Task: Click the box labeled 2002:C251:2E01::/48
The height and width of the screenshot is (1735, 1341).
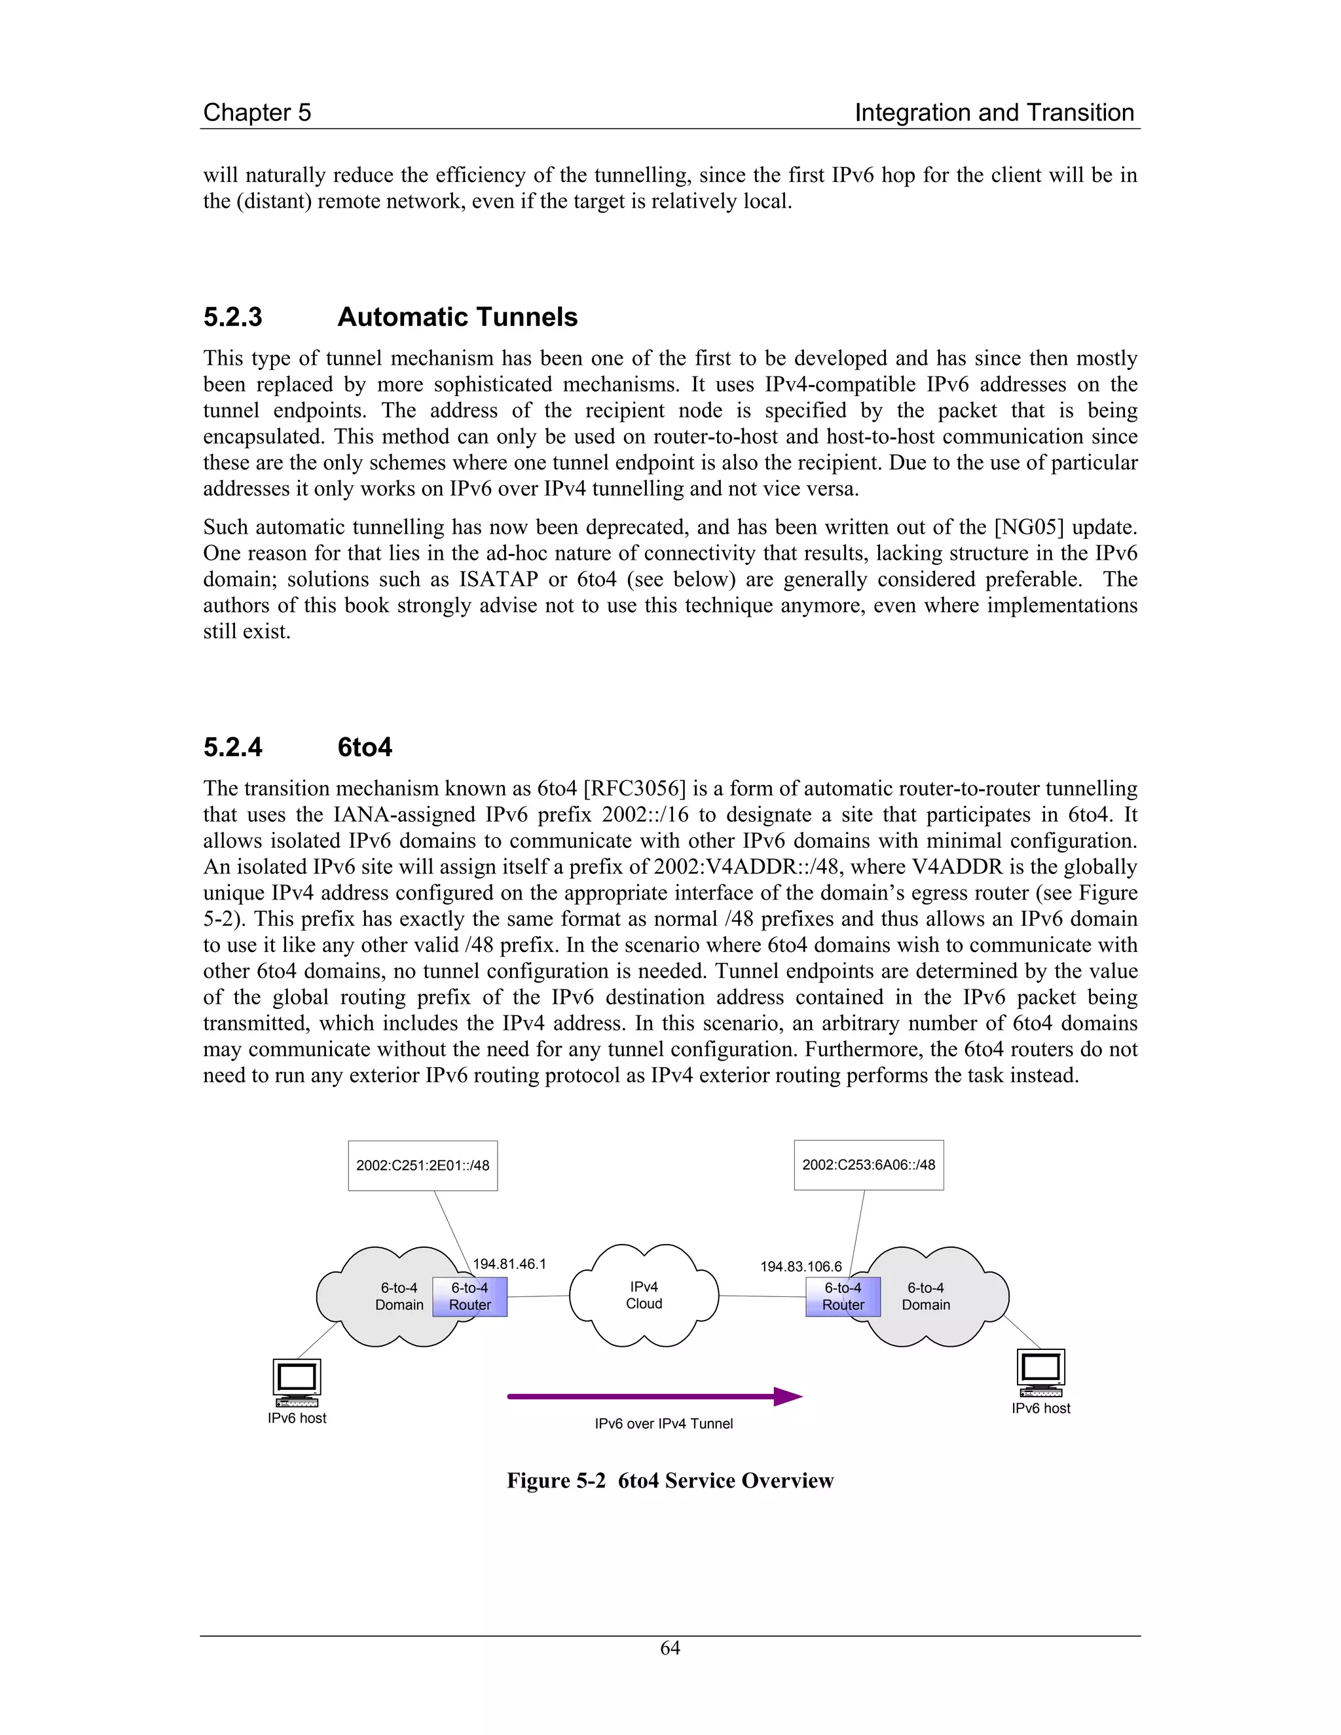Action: click(x=422, y=1165)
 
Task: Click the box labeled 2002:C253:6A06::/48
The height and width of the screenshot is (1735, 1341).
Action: click(x=868, y=1165)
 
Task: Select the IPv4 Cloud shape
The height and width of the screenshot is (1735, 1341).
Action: click(x=644, y=1295)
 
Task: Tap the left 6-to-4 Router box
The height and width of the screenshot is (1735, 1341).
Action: click(x=469, y=1296)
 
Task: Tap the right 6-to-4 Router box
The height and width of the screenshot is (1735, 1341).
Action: click(x=843, y=1296)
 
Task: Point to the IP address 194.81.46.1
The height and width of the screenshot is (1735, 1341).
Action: click(x=509, y=1264)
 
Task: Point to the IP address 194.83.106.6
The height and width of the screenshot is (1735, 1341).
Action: click(x=801, y=1266)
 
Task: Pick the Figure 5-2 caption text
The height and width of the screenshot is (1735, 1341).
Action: click(x=670, y=1481)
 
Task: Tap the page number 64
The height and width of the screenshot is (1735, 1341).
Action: click(x=670, y=1648)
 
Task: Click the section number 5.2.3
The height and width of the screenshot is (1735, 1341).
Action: click(x=232, y=317)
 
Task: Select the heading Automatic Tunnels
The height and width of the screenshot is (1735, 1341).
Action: click(x=457, y=317)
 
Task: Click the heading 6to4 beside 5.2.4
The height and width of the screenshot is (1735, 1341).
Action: click(x=365, y=748)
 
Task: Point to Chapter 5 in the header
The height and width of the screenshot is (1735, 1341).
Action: click(x=257, y=113)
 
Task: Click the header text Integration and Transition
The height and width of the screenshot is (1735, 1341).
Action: click(x=994, y=113)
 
